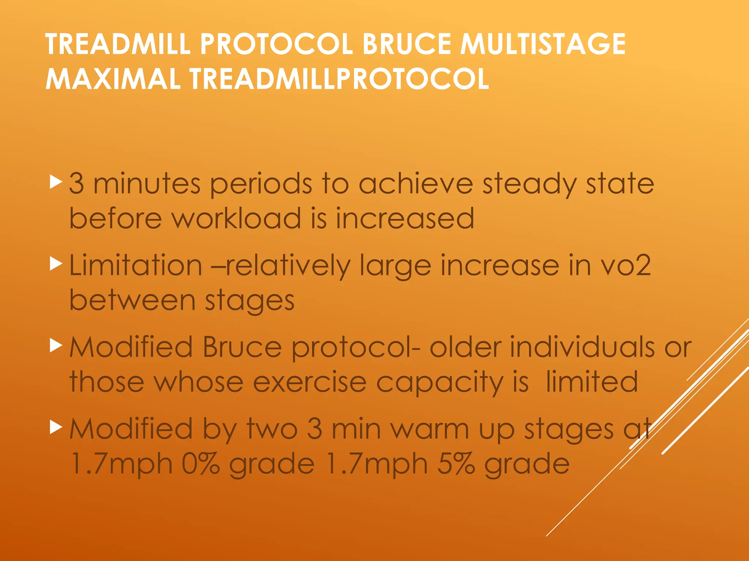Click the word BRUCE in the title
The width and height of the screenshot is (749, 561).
tap(406, 44)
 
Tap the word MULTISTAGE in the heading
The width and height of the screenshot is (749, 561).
tap(543, 44)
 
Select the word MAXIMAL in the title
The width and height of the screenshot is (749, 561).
tap(113, 79)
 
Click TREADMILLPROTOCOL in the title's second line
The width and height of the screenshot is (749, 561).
tap(339, 79)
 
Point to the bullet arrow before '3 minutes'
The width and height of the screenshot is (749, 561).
tap(56, 182)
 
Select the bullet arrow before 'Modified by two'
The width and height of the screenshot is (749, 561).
tap(56, 427)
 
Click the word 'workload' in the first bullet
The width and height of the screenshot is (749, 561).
tap(236, 219)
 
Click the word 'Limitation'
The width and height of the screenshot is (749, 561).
tap(136, 266)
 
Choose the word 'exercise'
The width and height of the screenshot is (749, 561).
tap(310, 382)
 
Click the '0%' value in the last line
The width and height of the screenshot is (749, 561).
tap(200, 464)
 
